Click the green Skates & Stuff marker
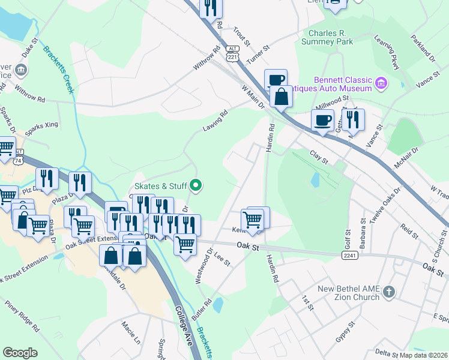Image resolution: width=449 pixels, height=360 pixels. tap(196, 186)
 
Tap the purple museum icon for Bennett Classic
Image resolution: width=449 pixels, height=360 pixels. tap(381, 83)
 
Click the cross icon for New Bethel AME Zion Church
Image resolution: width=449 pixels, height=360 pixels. tap(389, 292)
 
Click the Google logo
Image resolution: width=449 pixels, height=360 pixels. tap(20, 353)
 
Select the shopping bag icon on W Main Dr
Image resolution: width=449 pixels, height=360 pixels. tap(281, 97)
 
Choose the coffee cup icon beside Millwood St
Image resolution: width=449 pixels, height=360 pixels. tap(322, 119)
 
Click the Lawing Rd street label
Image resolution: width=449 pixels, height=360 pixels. tap(215, 122)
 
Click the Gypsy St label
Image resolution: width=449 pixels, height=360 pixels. tap(346, 331)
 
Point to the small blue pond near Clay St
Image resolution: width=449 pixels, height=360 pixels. tap(315, 179)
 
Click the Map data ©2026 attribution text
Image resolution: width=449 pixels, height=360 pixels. tap(424, 355)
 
